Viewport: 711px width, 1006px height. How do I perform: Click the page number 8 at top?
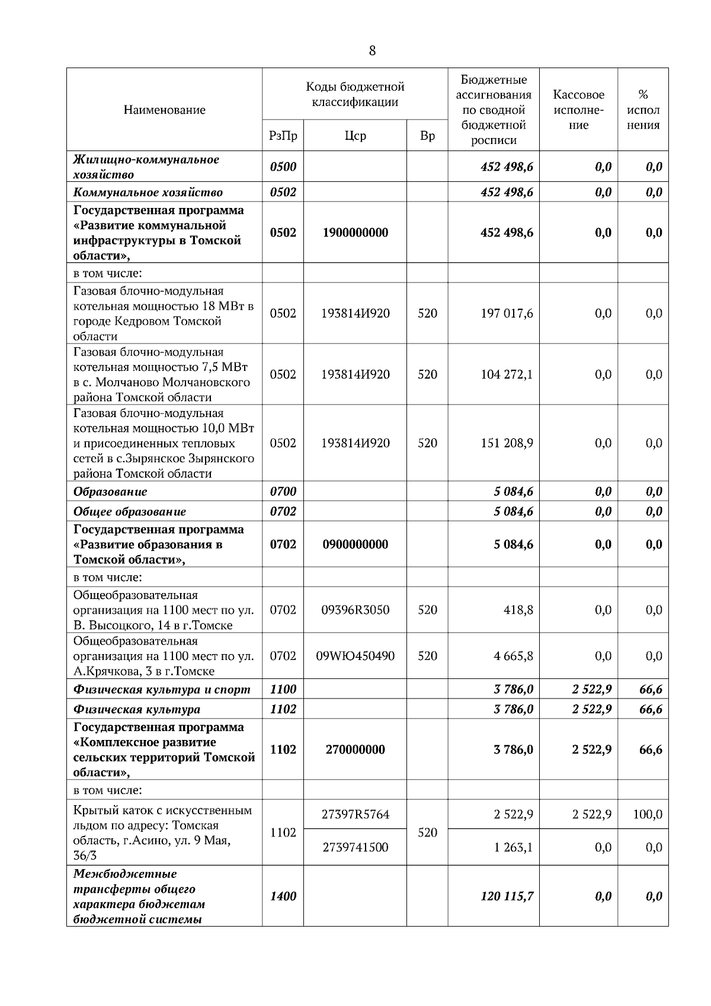[x=372, y=51]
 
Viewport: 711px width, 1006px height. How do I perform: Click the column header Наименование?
[x=165, y=110]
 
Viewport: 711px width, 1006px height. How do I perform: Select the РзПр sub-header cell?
[x=283, y=136]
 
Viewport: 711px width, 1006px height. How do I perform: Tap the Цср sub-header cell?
[x=355, y=136]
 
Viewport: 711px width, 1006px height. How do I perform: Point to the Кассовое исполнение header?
[x=578, y=110]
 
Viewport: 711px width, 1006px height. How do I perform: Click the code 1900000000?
[x=355, y=233]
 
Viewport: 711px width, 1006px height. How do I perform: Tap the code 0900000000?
[x=355, y=544]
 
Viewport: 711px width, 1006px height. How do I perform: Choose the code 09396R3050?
[x=355, y=610]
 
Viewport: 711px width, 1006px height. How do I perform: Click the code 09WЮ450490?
[x=355, y=656]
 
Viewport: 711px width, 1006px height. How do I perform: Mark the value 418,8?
[x=518, y=610]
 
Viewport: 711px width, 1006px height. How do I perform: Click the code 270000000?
[x=355, y=749]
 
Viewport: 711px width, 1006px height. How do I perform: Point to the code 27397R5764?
[x=355, y=815]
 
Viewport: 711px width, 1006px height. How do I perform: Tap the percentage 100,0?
[x=647, y=815]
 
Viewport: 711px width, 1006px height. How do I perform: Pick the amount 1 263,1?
[x=513, y=847]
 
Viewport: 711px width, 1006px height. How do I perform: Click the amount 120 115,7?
[x=507, y=896]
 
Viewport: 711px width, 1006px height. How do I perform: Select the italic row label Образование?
[x=110, y=492]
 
